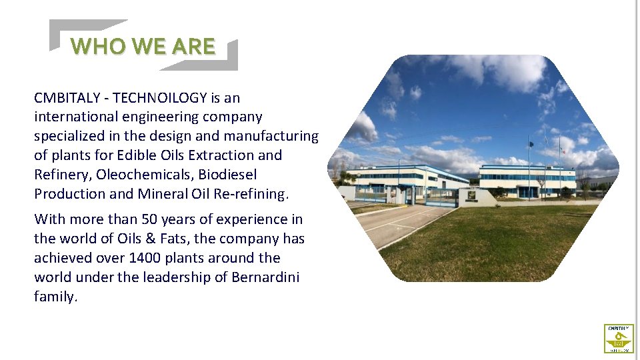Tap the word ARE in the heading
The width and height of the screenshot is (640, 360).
(193, 47)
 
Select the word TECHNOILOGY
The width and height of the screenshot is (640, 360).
(160, 98)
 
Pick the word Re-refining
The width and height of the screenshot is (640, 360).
(257, 194)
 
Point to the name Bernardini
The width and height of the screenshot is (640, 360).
(265, 277)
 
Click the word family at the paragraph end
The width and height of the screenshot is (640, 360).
(55, 297)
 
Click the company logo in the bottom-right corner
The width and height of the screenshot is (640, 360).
(619, 338)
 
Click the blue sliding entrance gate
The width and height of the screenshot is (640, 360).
(441, 197)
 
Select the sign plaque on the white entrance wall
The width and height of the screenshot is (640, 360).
(471, 195)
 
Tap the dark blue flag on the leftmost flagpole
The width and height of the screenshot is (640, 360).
(531, 143)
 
